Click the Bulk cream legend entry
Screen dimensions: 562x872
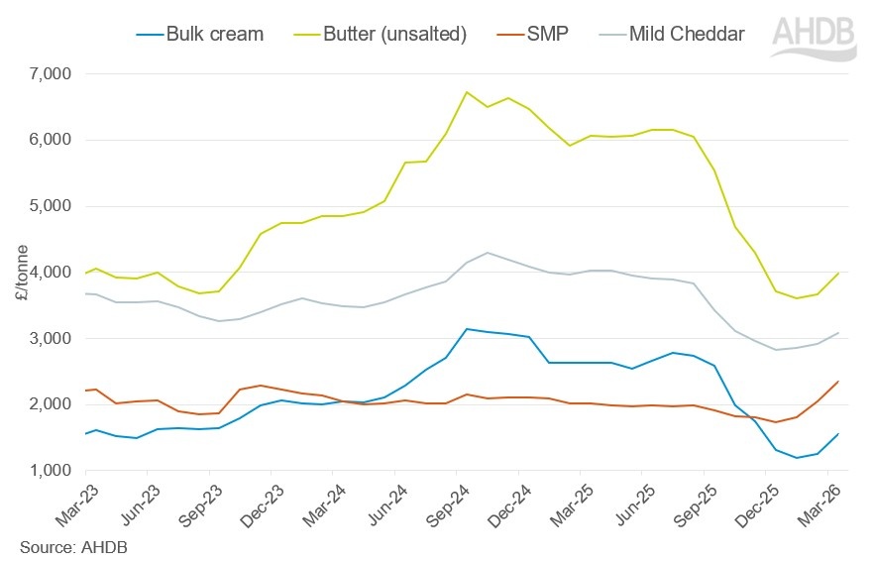pyautogui.click(x=212, y=35)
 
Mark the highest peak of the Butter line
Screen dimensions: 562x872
pyautogui.click(x=467, y=92)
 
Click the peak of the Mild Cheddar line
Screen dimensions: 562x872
pyautogui.click(x=488, y=253)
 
